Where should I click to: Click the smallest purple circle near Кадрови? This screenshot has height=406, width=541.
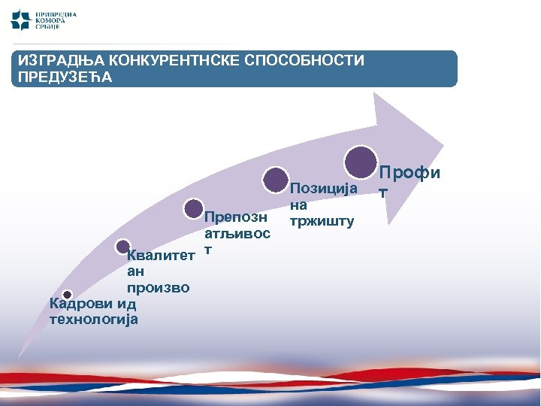[x=67, y=295]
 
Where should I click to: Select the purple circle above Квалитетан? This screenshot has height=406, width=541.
[x=122, y=246]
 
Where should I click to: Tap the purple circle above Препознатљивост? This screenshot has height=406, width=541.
[x=194, y=209]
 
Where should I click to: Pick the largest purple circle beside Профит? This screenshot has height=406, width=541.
[x=361, y=160]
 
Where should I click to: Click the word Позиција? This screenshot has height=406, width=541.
[x=323, y=189]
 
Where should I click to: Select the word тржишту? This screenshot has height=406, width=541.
[x=326, y=221]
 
